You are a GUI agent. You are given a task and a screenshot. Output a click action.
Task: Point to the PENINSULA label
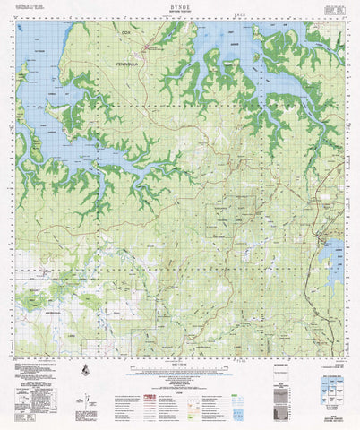(x=129, y=66)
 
